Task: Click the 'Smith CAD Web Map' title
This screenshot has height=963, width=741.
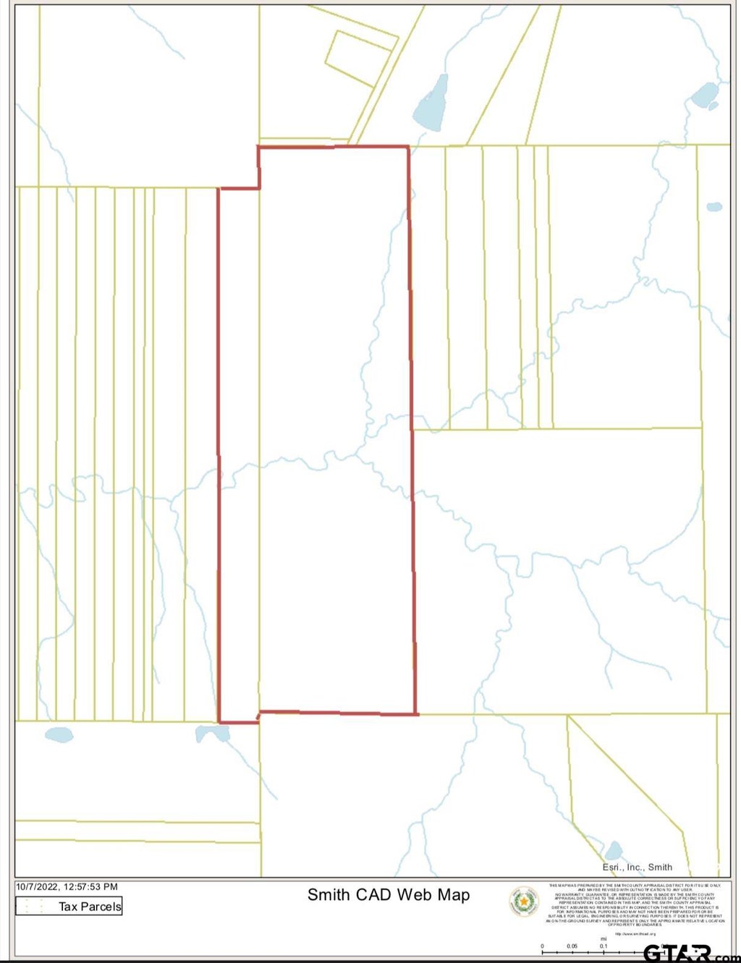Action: [389, 895]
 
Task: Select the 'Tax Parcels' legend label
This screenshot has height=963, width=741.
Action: [90, 907]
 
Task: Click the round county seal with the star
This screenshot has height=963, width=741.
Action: [524, 902]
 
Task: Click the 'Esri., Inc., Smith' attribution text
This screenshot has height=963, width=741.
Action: [637, 867]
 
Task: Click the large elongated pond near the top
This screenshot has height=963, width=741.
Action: [431, 103]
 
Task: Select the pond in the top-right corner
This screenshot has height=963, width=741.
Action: [704, 95]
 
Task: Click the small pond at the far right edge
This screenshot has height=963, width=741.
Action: [714, 207]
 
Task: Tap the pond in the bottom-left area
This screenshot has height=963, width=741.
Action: [59, 735]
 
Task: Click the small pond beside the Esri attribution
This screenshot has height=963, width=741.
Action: [614, 850]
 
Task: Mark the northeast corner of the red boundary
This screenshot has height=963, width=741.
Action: [408, 147]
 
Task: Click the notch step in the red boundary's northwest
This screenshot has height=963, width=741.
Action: [258, 188]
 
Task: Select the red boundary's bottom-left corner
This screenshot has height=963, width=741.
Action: [219, 721]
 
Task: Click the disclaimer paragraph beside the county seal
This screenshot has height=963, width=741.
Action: [636, 904]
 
